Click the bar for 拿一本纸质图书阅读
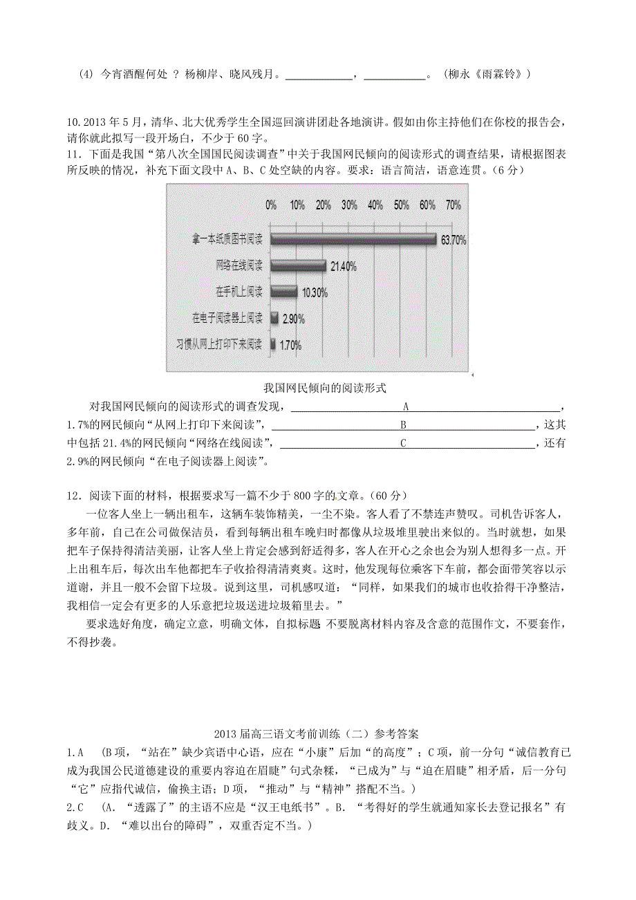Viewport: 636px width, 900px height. pos(353,239)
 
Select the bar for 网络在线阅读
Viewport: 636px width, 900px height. pos(298,265)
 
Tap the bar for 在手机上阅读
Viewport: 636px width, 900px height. pos(283,292)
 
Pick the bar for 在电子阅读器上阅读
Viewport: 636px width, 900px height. pos(274,318)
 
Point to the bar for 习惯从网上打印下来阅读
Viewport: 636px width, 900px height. pos(272,344)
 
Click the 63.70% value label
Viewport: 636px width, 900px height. pos(453,241)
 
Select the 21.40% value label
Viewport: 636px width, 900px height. pos(344,267)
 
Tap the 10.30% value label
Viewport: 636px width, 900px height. pos(315,292)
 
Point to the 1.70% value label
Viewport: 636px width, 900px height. pos(290,345)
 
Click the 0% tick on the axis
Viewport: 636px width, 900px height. pos(271,205)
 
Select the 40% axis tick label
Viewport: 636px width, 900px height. pos(375,205)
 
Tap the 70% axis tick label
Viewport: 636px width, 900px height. pos(453,205)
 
